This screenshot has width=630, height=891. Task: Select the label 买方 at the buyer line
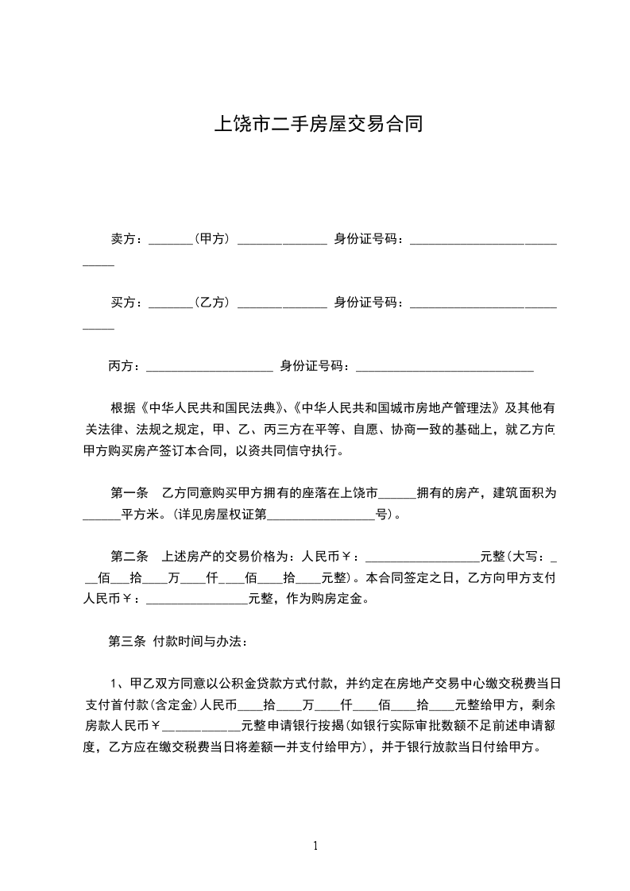point(123,302)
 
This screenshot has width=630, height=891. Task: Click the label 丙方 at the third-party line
point(123,366)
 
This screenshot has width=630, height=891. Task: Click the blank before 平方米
point(102,515)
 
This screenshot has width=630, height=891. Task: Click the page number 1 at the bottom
point(315,847)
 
